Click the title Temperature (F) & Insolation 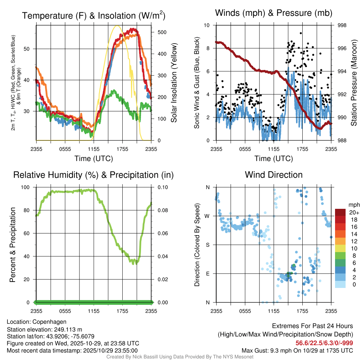(x=94, y=16)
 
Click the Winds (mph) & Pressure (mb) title (x=274, y=13)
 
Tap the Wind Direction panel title (x=274, y=175)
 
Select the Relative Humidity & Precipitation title (x=94, y=175)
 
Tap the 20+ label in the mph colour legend (x=353, y=213)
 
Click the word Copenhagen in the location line (x=50, y=322)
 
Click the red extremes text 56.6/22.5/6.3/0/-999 (x=324, y=343)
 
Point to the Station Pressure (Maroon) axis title (x=354, y=82)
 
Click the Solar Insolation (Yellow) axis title (x=174, y=82)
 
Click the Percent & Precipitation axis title (x=13, y=245)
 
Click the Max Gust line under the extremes (x=297, y=351)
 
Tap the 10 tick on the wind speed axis (x=207, y=25)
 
